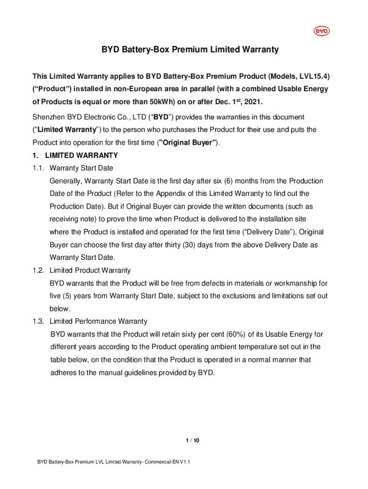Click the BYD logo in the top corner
pos(321,32)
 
